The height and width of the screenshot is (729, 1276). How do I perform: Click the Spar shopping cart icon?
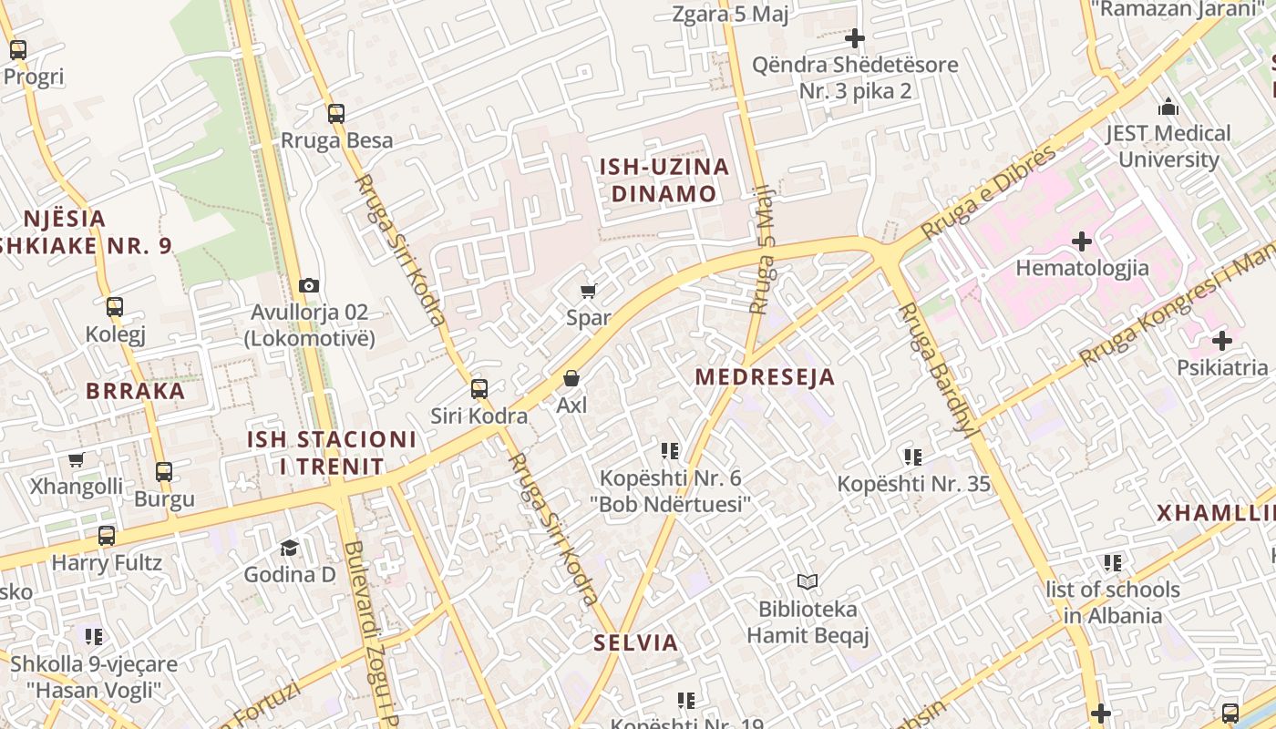[x=588, y=291]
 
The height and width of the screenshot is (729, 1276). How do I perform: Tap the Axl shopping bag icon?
[x=571, y=377]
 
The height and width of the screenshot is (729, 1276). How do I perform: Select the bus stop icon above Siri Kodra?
[x=479, y=389]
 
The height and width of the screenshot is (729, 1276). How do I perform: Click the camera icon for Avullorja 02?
[x=309, y=285]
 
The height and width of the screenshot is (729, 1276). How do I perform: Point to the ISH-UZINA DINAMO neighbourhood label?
[x=664, y=180]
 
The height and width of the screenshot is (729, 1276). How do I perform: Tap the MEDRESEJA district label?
[x=765, y=377]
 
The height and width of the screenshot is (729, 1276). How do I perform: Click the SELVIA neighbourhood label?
[x=636, y=642]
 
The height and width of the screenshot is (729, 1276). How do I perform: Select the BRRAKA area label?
[x=136, y=391]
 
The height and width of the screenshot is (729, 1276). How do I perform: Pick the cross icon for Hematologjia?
[x=1082, y=241]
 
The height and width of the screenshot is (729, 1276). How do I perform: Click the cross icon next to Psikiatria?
[x=1222, y=341]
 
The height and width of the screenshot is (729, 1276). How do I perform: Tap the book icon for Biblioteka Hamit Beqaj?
[x=808, y=581]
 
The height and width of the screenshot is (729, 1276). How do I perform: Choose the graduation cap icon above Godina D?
[x=289, y=548]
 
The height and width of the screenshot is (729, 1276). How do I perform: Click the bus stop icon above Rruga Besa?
[x=336, y=114]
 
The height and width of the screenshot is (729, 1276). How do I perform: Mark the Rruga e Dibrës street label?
[x=989, y=192]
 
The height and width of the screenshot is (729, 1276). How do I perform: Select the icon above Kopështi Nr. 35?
[x=913, y=457]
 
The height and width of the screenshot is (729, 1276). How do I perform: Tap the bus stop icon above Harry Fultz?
[x=107, y=536]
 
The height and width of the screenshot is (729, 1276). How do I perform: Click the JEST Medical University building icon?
[x=1168, y=107]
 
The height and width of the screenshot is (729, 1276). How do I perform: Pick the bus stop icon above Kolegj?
[x=115, y=307]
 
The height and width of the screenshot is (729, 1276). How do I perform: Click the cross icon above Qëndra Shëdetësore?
[x=854, y=38]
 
